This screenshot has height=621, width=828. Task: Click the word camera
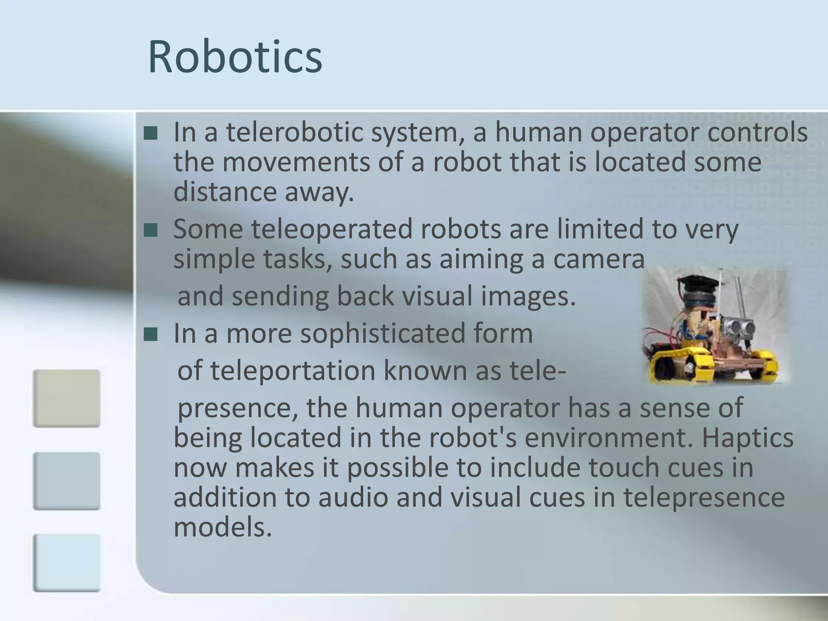click(x=598, y=259)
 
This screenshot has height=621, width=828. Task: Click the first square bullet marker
click(x=150, y=133)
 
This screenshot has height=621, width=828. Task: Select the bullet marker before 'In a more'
click(x=150, y=334)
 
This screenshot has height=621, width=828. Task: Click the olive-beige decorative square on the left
click(x=67, y=398)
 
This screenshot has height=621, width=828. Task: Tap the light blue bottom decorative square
click(x=67, y=563)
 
